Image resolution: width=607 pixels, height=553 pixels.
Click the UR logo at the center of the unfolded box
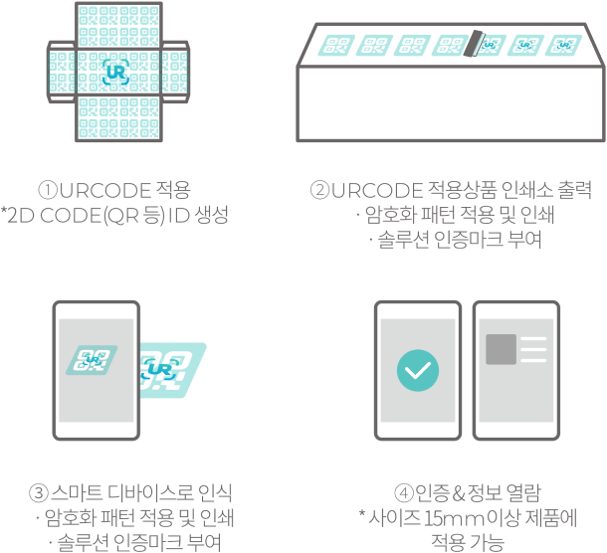pyautogui.click(x=114, y=72)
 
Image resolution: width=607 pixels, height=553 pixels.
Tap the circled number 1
pyautogui.click(x=47, y=190)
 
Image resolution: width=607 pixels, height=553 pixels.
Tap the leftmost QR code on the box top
pyautogui.click(x=338, y=44)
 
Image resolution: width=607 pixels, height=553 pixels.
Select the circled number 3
pyautogui.click(x=40, y=493)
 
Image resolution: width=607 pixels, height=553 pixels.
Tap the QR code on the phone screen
pyautogui.click(x=94, y=360)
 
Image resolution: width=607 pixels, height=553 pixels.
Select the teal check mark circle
pyautogui.click(x=417, y=370)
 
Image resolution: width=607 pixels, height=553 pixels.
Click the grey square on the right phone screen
pyautogui.click(x=501, y=349)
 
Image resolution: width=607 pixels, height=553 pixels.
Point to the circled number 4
pyautogui.click(x=404, y=493)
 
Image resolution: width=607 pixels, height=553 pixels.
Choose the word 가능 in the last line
pyautogui.click(x=484, y=542)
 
